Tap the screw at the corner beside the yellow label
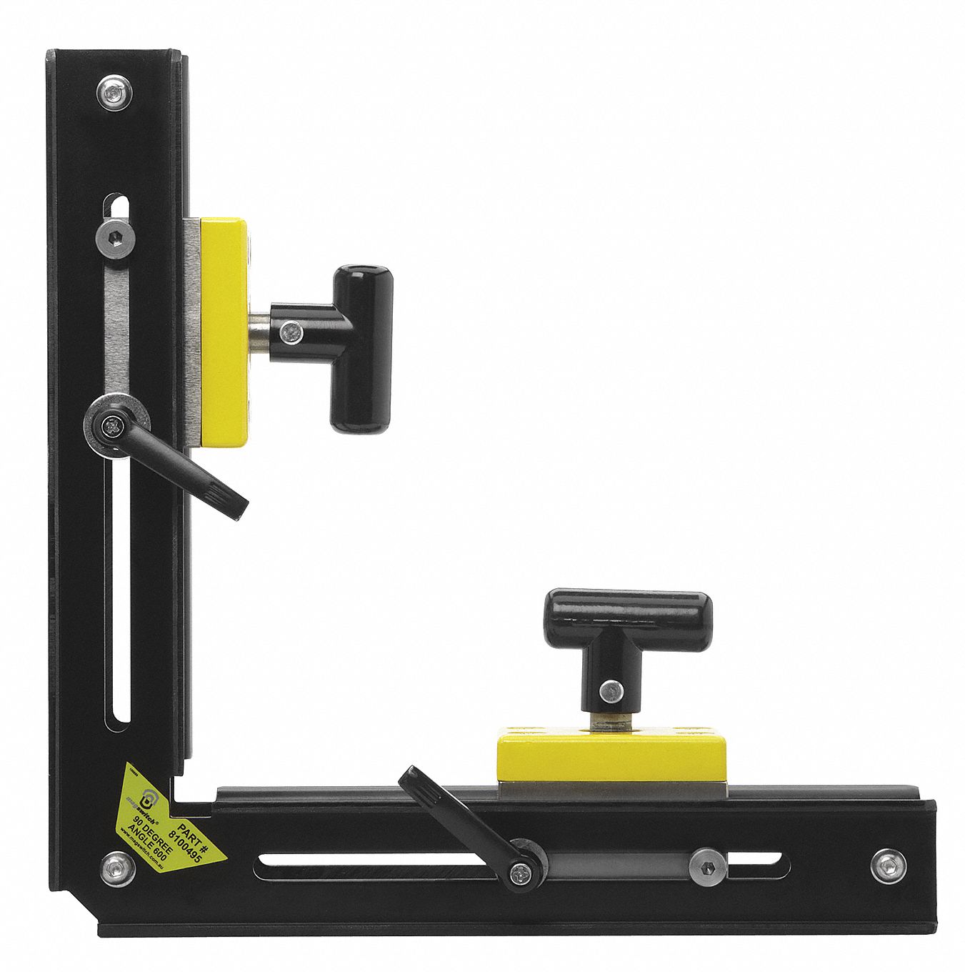pyautogui.click(x=117, y=868)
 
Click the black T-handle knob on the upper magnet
pyautogui.click(x=363, y=349)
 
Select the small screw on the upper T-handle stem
pyautogui.click(x=289, y=330)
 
